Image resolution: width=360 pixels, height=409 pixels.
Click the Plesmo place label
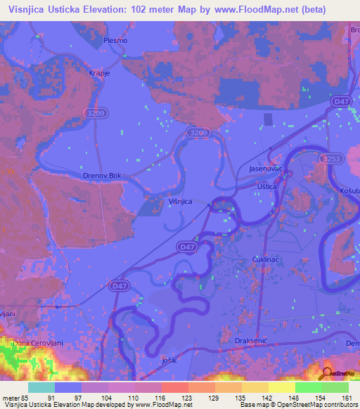tap(115, 40)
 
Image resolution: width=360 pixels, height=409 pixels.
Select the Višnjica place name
tap(180, 201)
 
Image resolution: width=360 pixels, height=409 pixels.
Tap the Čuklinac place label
tap(266, 260)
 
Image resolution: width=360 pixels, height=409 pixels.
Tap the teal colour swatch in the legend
tap(41, 387)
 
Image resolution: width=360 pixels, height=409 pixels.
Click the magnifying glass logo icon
tap(327, 375)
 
